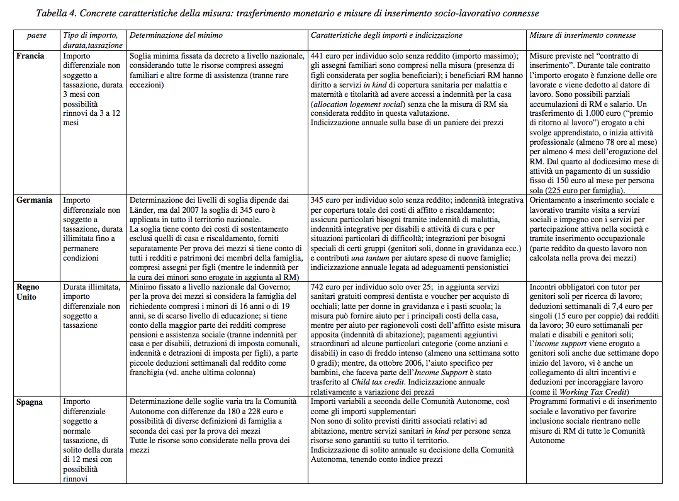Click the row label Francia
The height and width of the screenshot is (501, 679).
[30, 56]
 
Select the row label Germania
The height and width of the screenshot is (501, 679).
[34, 200]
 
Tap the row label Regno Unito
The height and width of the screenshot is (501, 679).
[30, 291]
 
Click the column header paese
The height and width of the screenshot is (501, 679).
[36, 36]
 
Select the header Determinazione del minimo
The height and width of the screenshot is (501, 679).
[176, 36]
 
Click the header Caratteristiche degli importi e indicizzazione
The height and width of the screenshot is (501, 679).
[395, 36]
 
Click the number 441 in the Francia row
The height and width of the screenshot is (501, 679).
[318, 56]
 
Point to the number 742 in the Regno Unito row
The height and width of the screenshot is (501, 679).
[318, 286]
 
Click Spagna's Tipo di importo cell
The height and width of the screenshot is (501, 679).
[91, 439]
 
